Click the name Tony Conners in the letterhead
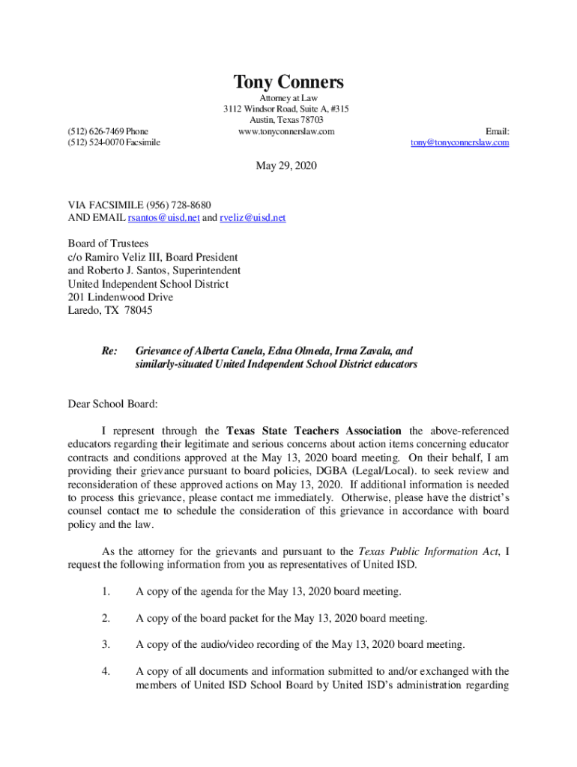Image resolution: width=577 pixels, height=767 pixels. pyautogui.click(x=288, y=82)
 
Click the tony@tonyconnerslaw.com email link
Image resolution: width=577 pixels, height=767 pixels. pyautogui.click(x=459, y=142)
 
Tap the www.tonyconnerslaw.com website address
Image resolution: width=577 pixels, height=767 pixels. pyautogui.click(x=286, y=132)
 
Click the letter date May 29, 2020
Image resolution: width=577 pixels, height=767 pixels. pyautogui.click(x=286, y=166)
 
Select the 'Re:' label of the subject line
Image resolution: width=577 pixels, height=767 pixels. pyautogui.click(x=109, y=351)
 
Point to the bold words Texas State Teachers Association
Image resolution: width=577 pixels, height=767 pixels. pyautogui.click(x=313, y=431)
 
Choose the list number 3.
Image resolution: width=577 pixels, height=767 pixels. pyautogui.click(x=106, y=644)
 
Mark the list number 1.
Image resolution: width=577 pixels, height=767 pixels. pyautogui.click(x=106, y=592)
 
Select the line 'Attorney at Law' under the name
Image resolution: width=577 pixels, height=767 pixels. pyautogui.click(x=288, y=98)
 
